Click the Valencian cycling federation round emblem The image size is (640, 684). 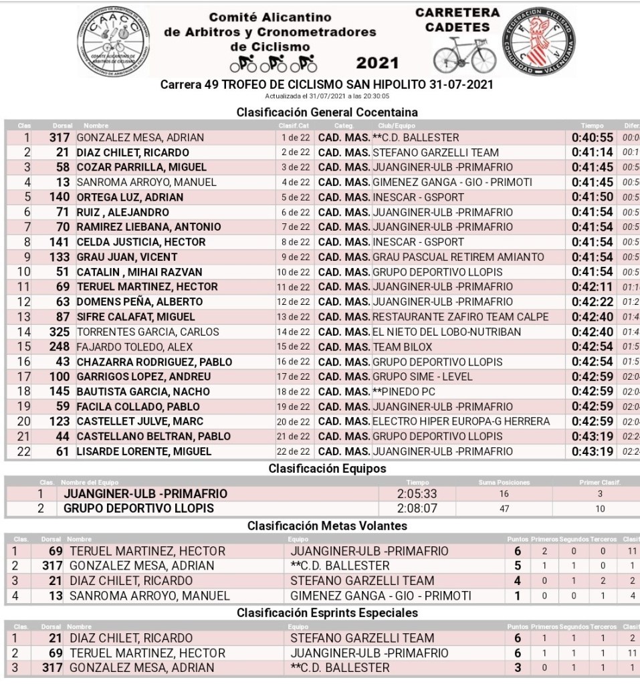pyautogui.click(x=539, y=42)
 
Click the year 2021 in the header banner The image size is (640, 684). pyautogui.click(x=377, y=64)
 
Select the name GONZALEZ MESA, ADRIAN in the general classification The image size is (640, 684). pyautogui.click(x=140, y=138)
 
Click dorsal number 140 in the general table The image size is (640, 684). pyautogui.click(x=60, y=197)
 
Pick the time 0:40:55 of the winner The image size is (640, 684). pyautogui.click(x=592, y=138)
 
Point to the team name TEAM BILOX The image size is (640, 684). pyautogui.click(x=402, y=347)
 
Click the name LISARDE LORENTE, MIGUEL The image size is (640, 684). pyautogui.click(x=144, y=451)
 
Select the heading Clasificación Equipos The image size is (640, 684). pyautogui.click(x=327, y=469)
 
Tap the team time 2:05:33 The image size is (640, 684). pyautogui.click(x=417, y=494)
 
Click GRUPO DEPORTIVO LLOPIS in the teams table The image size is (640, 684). pyautogui.click(x=138, y=508)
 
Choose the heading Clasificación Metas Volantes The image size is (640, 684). pyautogui.click(x=327, y=526)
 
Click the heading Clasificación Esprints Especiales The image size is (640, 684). pyautogui.click(x=327, y=612)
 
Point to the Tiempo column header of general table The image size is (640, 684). pyautogui.click(x=592, y=126)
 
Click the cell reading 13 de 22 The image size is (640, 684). pyautogui.click(x=295, y=317)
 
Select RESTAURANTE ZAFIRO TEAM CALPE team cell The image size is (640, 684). pyautogui.click(x=460, y=317)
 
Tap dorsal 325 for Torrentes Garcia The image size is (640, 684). pyautogui.click(x=60, y=332)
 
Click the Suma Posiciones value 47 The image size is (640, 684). pyautogui.click(x=504, y=509)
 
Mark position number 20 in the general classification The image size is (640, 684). pyautogui.click(x=24, y=421)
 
